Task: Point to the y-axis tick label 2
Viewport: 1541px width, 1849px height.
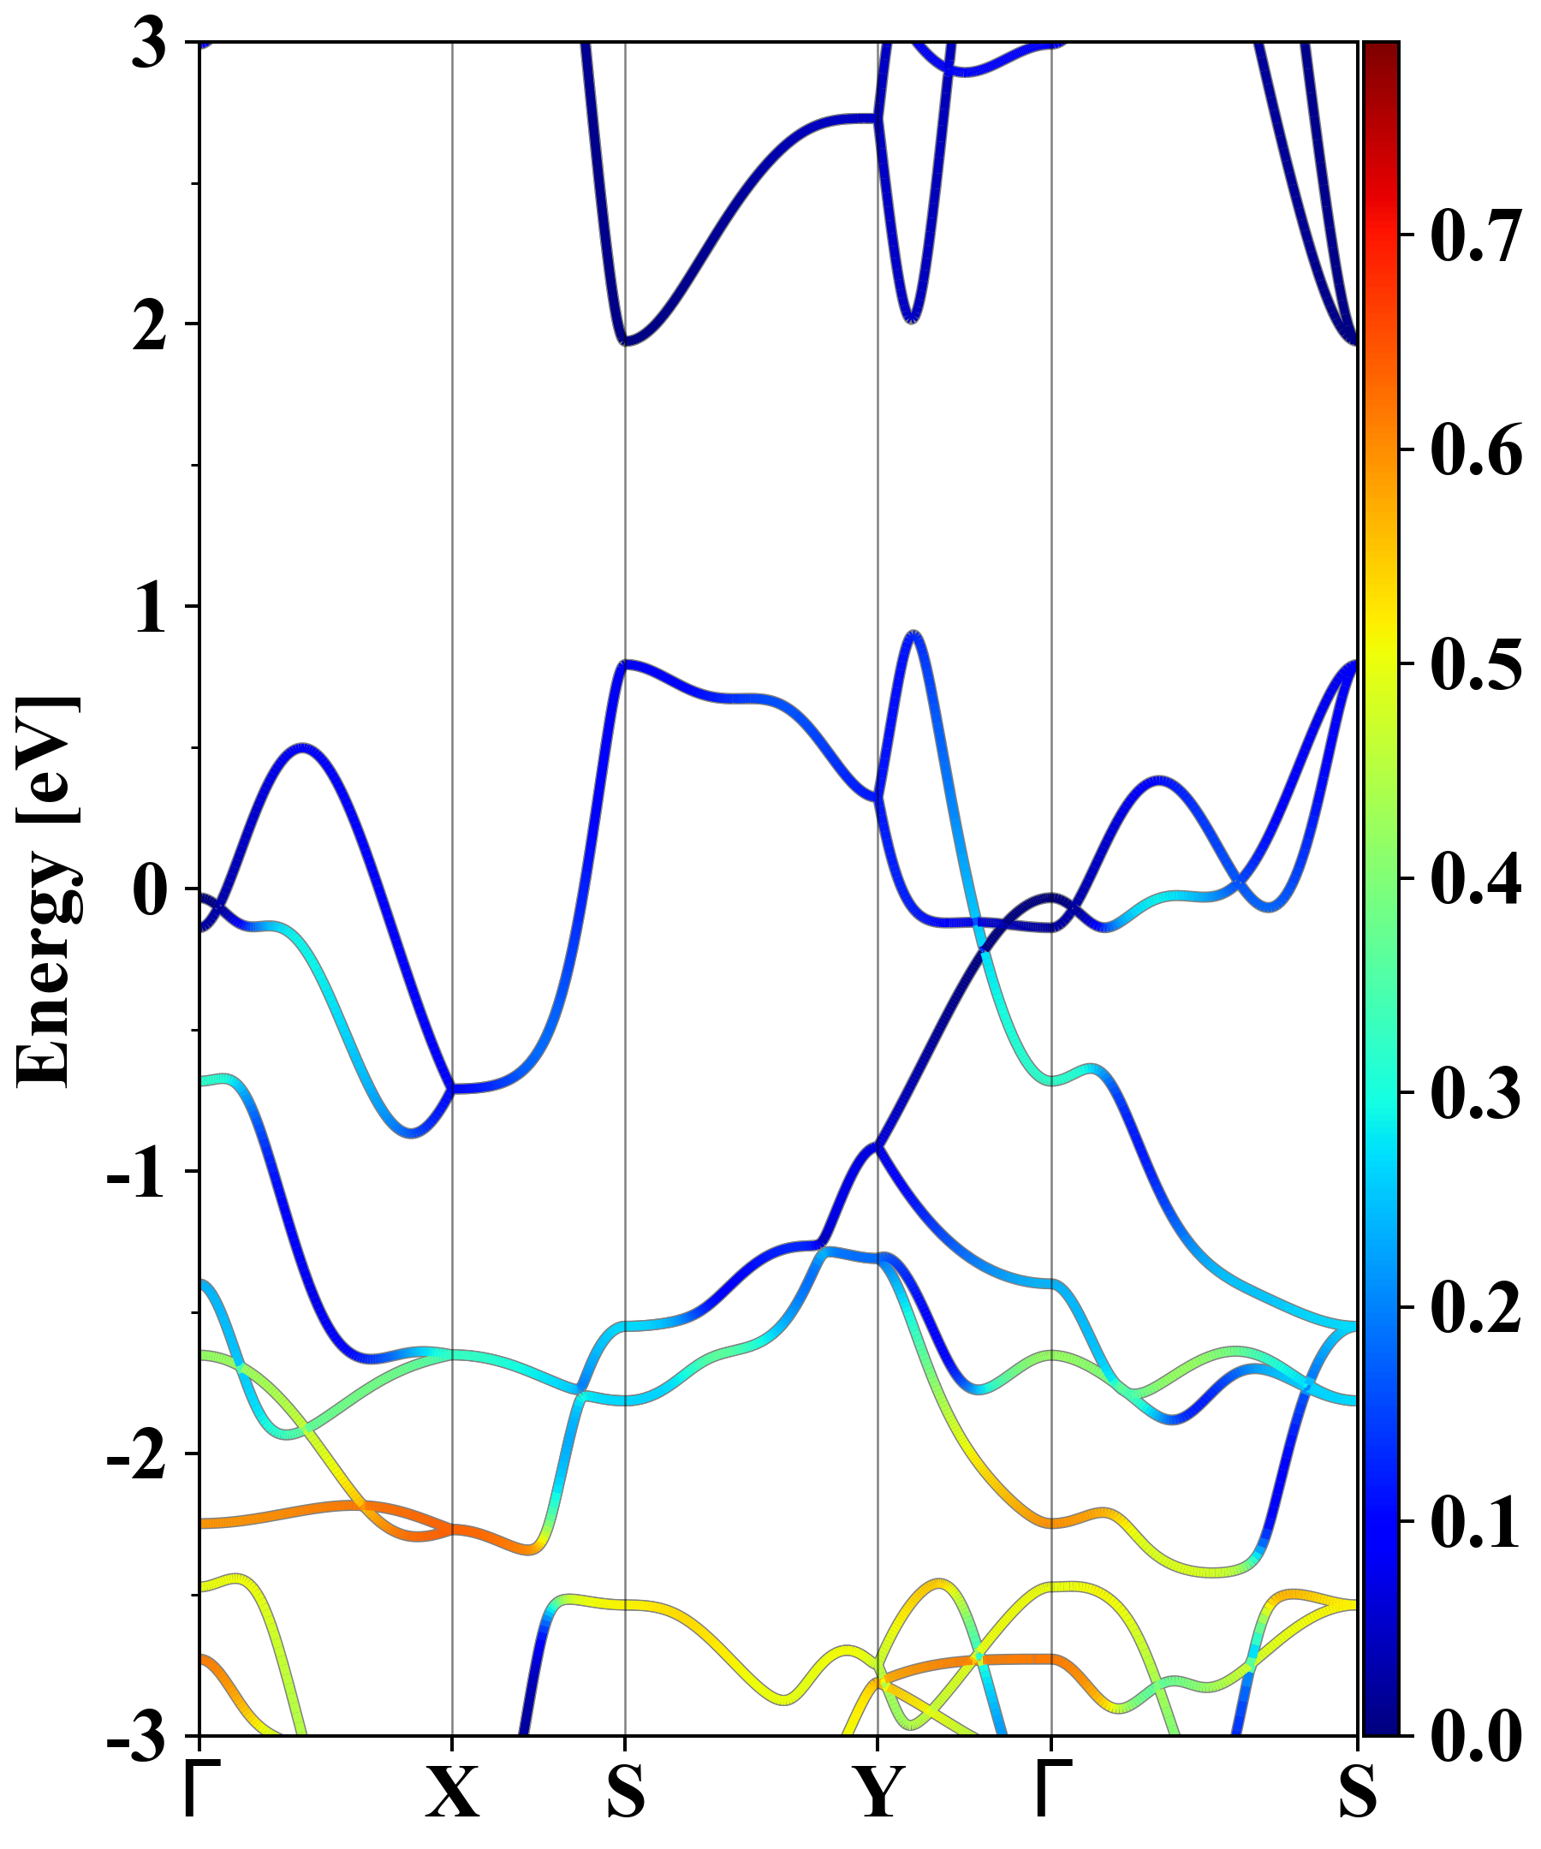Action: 150,326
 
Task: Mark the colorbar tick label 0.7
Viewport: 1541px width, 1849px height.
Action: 1476,236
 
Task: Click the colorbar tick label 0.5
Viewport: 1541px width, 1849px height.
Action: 1476,664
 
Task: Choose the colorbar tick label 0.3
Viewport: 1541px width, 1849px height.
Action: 1476,1092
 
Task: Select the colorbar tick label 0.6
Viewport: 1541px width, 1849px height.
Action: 1476,450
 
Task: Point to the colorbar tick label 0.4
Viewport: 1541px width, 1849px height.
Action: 1476,879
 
